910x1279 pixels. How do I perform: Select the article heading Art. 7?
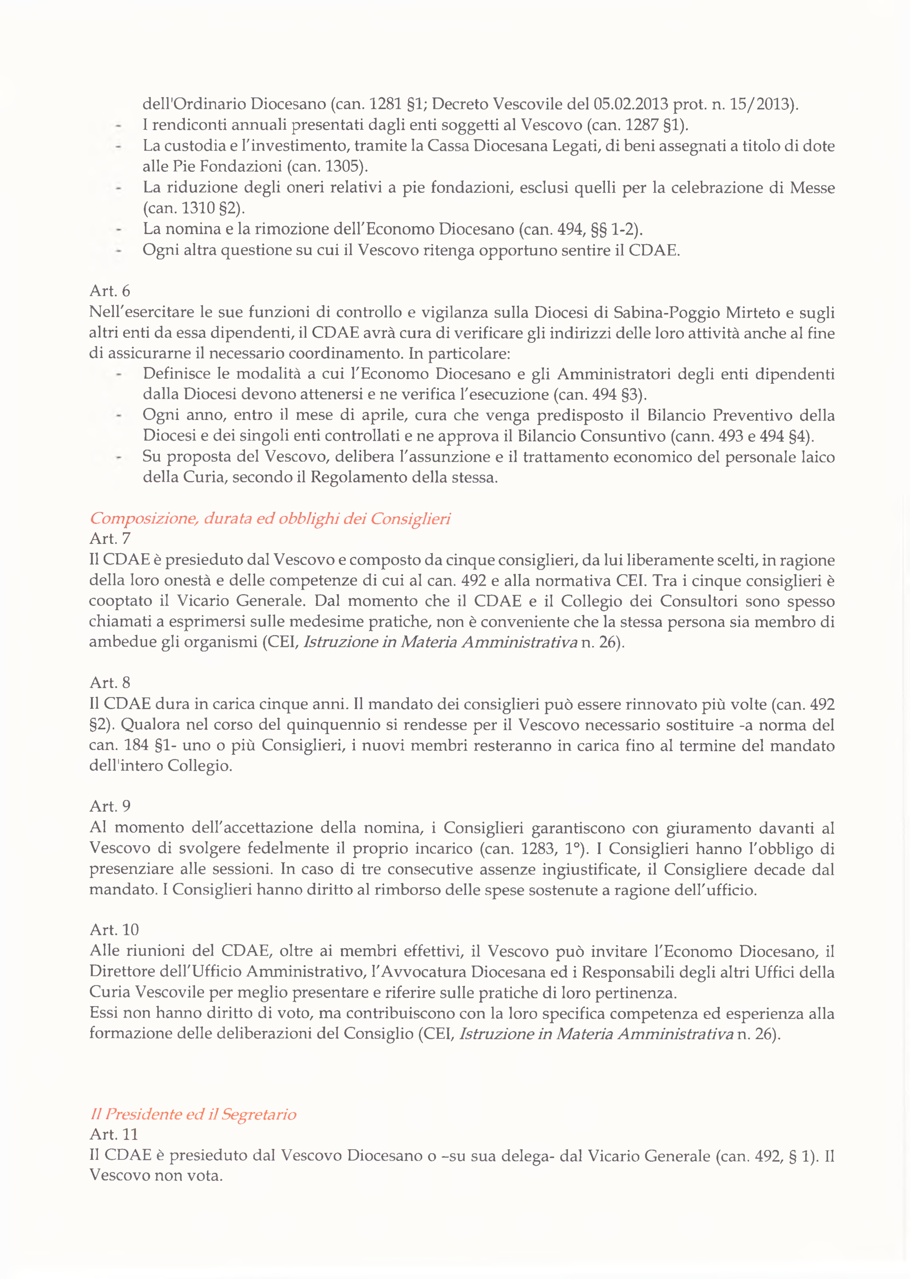pos(110,538)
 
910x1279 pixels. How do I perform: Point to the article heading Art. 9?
pos(110,806)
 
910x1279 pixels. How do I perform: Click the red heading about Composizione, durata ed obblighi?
pos(270,518)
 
